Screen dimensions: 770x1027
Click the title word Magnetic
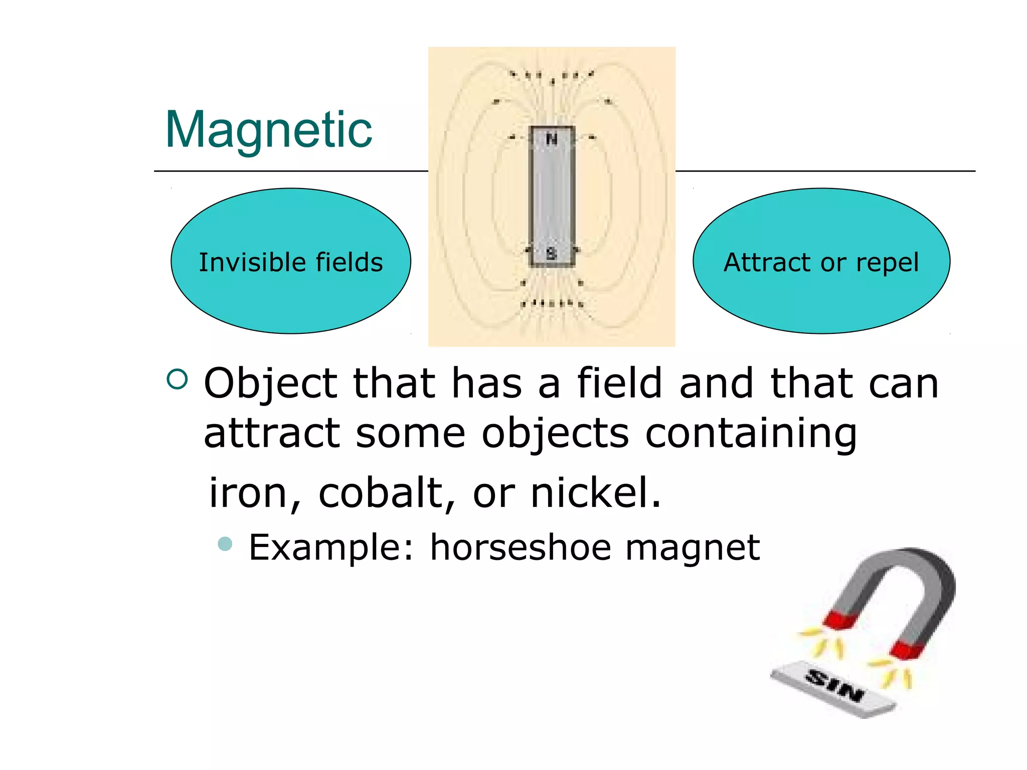click(269, 130)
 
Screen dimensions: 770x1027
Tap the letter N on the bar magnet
click(552, 139)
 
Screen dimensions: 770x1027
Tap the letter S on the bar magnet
click(552, 254)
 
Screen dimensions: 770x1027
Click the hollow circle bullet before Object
click(177, 379)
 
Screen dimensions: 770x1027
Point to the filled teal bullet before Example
click(226, 544)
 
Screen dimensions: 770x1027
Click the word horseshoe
click(521, 547)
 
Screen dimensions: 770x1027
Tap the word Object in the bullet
click(271, 384)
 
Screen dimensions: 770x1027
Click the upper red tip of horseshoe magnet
click(840, 620)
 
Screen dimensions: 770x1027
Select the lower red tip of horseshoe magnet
click(907, 650)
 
